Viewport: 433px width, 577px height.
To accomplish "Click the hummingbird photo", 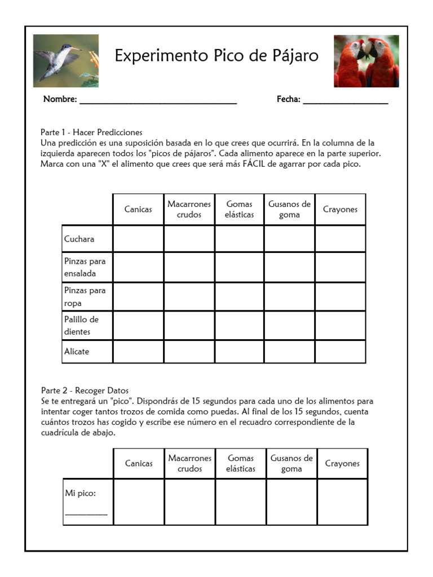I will [x=65, y=61].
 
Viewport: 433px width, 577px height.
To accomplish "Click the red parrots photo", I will [x=366, y=61].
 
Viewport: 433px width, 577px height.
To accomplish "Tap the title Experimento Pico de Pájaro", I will [x=216, y=56].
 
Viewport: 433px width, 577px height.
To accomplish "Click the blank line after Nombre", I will [x=158, y=102].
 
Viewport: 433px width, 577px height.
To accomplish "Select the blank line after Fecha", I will [x=345, y=102].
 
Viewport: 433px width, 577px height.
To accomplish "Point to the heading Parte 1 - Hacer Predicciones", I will [x=91, y=132].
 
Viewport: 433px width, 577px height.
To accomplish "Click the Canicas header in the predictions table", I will [x=138, y=210].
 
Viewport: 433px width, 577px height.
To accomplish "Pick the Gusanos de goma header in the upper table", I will [x=289, y=210].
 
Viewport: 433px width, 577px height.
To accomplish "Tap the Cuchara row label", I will [x=79, y=239].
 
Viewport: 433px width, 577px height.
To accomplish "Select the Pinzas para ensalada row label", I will [x=85, y=268].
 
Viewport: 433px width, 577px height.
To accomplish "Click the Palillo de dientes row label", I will [x=81, y=326].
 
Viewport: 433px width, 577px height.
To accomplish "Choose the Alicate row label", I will [x=77, y=352].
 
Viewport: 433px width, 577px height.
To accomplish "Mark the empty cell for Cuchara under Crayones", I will [x=340, y=239].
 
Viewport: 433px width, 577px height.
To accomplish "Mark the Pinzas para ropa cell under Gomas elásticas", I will [x=240, y=297].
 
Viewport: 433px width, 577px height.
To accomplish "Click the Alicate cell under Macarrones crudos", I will [x=189, y=352].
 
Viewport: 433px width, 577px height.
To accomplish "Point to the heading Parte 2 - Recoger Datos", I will [x=85, y=390].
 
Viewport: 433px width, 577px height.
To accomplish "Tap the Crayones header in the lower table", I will [x=342, y=464].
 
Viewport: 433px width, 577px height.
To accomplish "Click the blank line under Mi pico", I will [x=86, y=513].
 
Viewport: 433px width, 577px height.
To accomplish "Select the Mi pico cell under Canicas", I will [x=139, y=501].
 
